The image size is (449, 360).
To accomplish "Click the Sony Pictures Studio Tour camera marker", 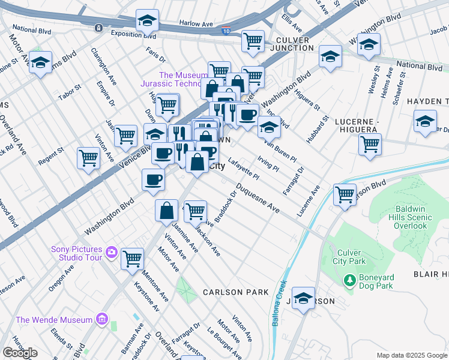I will (111, 252).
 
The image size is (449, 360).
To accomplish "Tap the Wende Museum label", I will (54, 320).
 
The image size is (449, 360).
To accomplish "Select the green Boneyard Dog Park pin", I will (350, 280).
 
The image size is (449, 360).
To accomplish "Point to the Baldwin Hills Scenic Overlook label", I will (411, 217).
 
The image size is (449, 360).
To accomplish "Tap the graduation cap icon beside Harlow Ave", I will (147, 22).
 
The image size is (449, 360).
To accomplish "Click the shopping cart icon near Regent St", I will (88, 159).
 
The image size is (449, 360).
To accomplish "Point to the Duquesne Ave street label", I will (258, 199).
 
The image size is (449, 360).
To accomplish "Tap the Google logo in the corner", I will (20, 353).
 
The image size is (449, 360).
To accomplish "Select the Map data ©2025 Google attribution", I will (412, 355).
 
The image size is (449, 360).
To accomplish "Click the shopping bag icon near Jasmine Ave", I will (167, 211).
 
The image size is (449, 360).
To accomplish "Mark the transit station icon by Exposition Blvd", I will (98, 28).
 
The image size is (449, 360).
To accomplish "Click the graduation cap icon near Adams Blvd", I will (41, 63).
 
